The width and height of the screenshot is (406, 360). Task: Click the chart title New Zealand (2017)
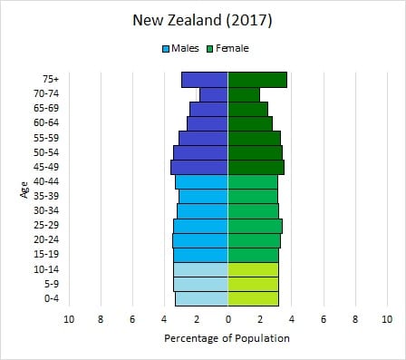(x=202, y=19)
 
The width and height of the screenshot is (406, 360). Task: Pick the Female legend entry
(x=230, y=48)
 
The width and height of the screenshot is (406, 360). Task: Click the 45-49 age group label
(x=45, y=167)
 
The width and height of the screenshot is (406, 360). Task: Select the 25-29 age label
(x=45, y=225)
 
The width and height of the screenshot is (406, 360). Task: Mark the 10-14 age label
(x=45, y=269)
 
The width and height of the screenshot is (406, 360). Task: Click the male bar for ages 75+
(x=205, y=80)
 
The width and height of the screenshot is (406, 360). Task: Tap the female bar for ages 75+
(x=257, y=80)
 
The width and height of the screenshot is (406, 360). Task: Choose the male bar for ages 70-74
(x=214, y=94)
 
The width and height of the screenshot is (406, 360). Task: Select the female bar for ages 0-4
(x=254, y=298)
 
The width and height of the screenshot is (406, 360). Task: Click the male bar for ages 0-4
(x=201, y=298)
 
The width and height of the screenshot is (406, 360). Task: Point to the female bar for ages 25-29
(x=256, y=226)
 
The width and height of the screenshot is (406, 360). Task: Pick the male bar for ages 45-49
(x=199, y=167)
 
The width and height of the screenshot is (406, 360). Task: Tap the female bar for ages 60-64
(x=250, y=123)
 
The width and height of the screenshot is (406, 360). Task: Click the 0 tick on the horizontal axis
(x=228, y=319)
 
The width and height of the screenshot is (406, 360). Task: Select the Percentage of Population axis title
(x=227, y=338)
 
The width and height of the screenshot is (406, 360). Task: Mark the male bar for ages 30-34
(x=202, y=211)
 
